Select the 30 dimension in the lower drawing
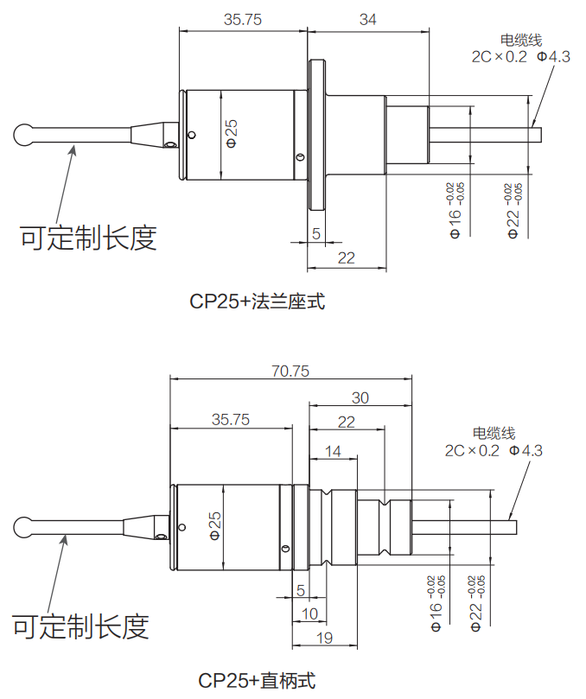click(360, 397)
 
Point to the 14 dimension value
click(333, 450)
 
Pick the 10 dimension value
click(309, 613)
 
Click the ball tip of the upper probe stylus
click(24, 135)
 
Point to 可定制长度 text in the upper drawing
click(89, 237)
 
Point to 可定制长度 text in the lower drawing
click(81, 626)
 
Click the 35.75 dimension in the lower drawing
click(231, 420)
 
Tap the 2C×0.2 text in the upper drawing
click(499, 57)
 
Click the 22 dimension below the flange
click(346, 257)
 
